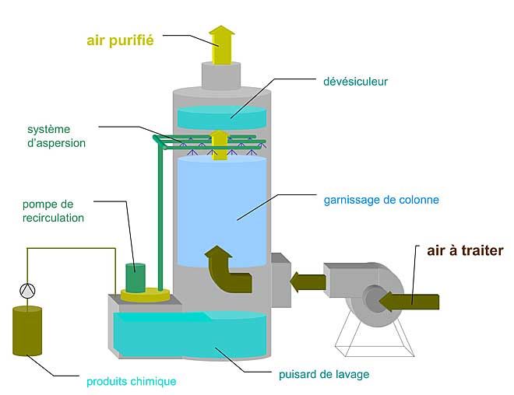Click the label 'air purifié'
pos(120,40)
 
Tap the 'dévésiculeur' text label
pos(355,82)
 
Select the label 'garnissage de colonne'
pos(382,200)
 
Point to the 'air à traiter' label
pos(465,250)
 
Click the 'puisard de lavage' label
pos(324,374)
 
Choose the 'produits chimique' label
pos(131,382)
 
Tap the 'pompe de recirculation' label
pos(53,211)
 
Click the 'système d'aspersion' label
pos(56,136)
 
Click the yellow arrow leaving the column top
pos(222,45)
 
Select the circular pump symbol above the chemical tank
pos(27,290)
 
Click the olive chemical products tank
pos(27,330)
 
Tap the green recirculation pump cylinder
pos(136,278)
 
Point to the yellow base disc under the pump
pos(145,295)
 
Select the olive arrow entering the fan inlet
pos(409,302)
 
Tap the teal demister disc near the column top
pos(222,117)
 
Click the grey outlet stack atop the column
pos(221,75)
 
